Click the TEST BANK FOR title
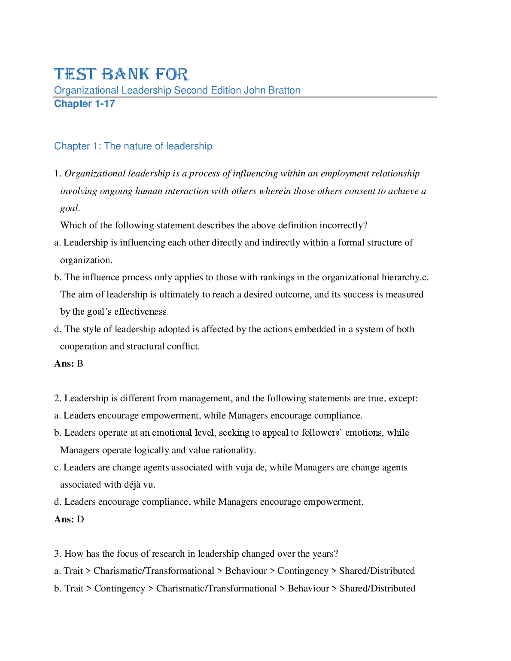[x=121, y=74]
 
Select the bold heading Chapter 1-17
[x=85, y=103]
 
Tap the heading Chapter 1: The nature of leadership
[x=133, y=146]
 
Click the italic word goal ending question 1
[x=69, y=208]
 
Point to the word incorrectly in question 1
[x=344, y=225]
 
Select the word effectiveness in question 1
[x=140, y=312]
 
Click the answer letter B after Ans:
[x=80, y=364]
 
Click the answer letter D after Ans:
[x=80, y=519]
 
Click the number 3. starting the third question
[x=58, y=554]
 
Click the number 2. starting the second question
[x=58, y=398]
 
